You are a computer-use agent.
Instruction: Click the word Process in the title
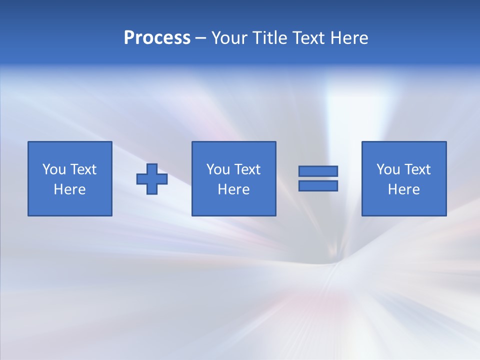pyautogui.click(x=157, y=38)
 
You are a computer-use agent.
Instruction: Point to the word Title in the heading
pyautogui.click(x=271, y=38)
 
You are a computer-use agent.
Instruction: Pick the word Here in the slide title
pyautogui.click(x=349, y=38)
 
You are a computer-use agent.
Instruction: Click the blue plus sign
pyautogui.click(x=152, y=178)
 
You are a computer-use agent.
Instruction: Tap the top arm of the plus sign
pyautogui.click(x=152, y=169)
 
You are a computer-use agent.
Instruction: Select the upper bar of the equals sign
pyautogui.click(x=318, y=171)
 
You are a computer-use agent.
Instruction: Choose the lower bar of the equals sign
pyautogui.click(x=318, y=185)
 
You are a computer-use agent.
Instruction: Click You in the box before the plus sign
pyautogui.click(x=54, y=169)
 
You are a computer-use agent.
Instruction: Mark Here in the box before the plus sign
pyautogui.click(x=70, y=189)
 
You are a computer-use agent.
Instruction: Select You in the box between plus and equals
pyautogui.click(x=218, y=169)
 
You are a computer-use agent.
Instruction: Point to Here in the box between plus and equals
pyautogui.click(x=234, y=189)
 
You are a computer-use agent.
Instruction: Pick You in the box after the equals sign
pyautogui.click(x=388, y=169)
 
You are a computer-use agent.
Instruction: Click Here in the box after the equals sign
pyautogui.click(x=404, y=189)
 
